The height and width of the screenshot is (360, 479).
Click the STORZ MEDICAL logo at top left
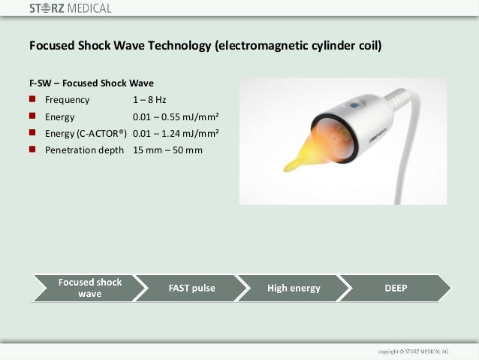pos(70,9)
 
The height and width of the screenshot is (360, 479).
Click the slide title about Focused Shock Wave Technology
pos(205,46)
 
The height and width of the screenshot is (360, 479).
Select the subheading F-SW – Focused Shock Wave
pos(92,83)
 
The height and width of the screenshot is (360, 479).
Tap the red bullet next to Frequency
pos(33,99)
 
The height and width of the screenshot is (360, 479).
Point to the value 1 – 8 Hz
pos(149,100)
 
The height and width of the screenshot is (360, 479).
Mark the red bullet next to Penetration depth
pos(33,150)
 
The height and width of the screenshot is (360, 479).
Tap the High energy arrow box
pos(294,288)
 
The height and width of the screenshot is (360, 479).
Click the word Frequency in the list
pos(67,100)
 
